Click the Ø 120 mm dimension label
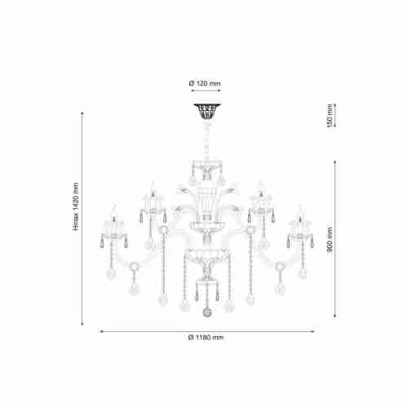205,83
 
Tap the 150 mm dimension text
330,116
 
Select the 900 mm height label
330,241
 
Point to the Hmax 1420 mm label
76,206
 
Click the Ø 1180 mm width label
206,338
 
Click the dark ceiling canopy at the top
207,111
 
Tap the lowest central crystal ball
207,312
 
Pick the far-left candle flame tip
114,206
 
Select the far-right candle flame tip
299,206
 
